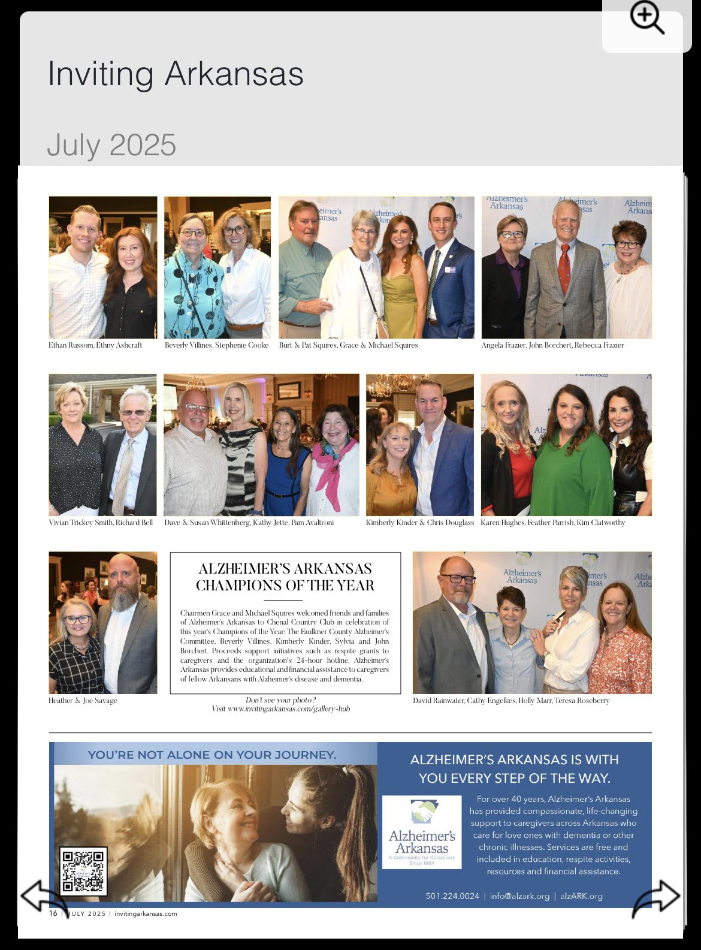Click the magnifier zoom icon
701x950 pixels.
(x=646, y=19)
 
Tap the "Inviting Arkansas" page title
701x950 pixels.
(x=176, y=74)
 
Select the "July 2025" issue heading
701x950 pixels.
(x=111, y=145)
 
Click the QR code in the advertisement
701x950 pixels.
(x=83, y=871)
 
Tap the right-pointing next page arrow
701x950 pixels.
(x=657, y=897)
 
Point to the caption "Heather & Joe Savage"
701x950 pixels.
(x=83, y=700)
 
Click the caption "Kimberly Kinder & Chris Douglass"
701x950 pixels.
(x=419, y=523)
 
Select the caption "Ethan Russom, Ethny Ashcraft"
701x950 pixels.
(x=95, y=345)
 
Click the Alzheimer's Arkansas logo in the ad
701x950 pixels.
(x=422, y=831)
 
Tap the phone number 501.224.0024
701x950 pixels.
(x=452, y=896)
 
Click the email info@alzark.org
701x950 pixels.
(x=519, y=896)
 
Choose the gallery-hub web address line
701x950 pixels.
(x=280, y=708)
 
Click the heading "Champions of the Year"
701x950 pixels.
(x=285, y=585)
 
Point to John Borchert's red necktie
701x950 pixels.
(x=564, y=269)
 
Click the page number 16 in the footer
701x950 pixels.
(x=53, y=913)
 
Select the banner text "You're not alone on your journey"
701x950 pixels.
(x=212, y=755)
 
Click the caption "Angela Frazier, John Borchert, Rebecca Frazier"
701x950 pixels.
(x=552, y=345)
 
